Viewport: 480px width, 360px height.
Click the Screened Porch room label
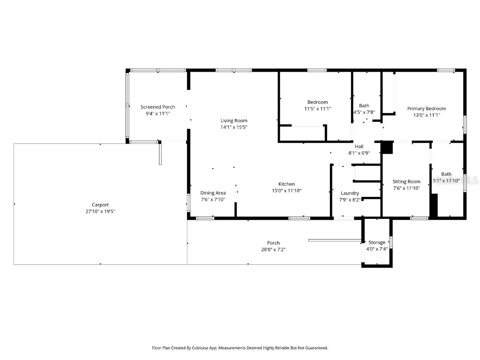pos(157,107)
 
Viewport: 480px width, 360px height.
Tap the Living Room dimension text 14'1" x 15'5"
pos(234,127)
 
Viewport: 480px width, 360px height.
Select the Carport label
pos(100,205)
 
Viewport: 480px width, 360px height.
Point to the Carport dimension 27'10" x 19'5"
pos(100,211)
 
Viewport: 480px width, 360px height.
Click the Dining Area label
pos(213,193)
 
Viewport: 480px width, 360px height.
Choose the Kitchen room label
pos(286,184)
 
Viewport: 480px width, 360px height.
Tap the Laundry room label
pos(350,193)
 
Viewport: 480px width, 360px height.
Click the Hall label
pos(359,147)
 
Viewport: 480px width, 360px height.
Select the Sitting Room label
pos(406,181)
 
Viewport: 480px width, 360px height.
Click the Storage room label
pos(377,242)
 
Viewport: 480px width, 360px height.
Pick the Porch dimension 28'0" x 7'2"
pos(273,249)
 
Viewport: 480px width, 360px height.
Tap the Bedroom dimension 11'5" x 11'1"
pos(317,109)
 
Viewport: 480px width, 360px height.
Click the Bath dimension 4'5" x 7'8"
pos(364,112)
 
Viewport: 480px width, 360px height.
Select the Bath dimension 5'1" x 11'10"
pos(446,180)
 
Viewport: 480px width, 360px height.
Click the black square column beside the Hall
pos(387,148)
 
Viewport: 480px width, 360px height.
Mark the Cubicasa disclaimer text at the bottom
pos(240,348)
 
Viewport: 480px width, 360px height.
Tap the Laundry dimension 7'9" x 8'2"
pos(350,200)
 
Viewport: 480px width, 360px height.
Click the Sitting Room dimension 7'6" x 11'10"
pos(406,188)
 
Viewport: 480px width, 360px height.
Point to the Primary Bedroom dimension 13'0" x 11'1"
pos(427,115)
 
